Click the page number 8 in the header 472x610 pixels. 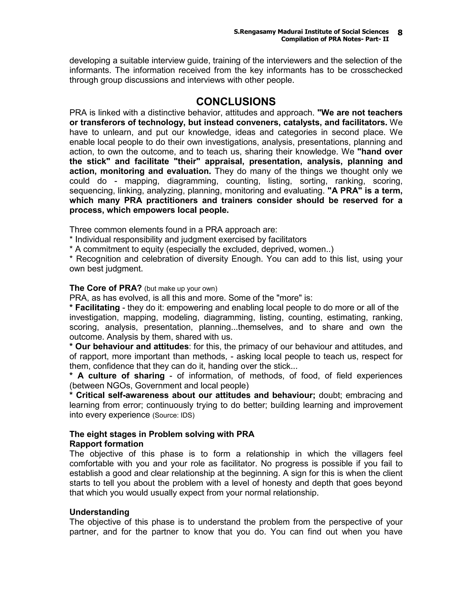(400, 33)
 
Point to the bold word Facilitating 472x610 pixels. (97, 308)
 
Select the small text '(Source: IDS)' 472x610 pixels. (173, 415)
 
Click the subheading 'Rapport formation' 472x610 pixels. (106, 444)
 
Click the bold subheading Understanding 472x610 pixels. (99, 512)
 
